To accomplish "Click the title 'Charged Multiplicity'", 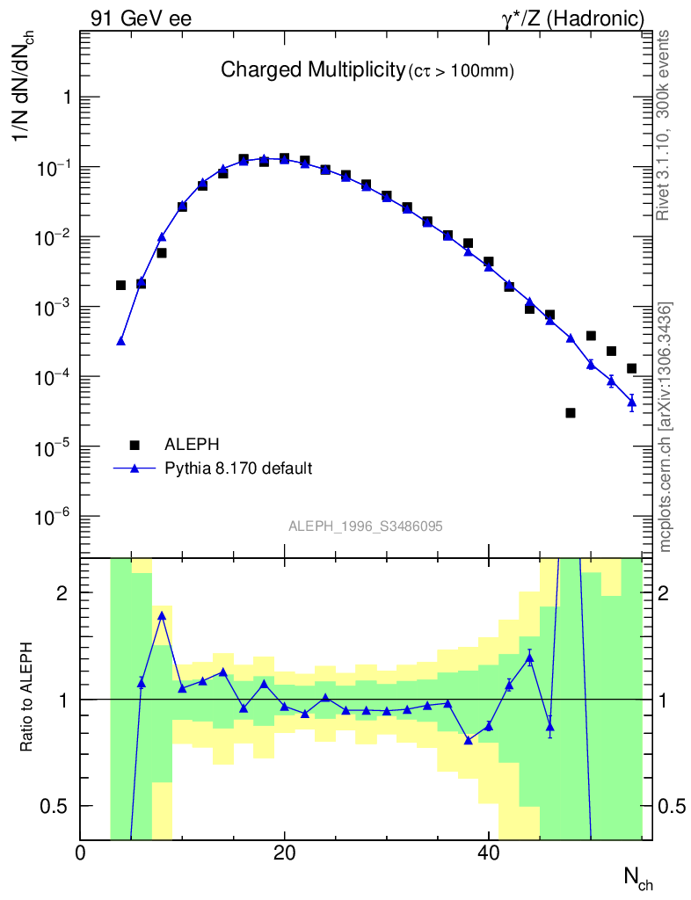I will [x=311, y=69].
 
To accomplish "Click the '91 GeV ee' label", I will [x=141, y=18].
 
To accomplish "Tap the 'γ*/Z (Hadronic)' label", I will [x=573, y=18].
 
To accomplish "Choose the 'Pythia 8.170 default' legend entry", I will [x=238, y=468].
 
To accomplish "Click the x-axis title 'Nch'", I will [x=637, y=875].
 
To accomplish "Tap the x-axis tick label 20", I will [x=283, y=853].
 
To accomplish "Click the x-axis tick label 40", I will [x=488, y=853].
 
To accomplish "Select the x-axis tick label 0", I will [x=80, y=853].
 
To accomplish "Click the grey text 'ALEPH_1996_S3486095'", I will [x=365, y=526].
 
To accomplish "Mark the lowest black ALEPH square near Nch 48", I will [x=571, y=412].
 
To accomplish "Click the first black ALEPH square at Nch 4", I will [x=120, y=285].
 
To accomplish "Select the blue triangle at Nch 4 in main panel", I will [x=120, y=341].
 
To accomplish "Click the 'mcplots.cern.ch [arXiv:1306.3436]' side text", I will [x=666, y=427].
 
